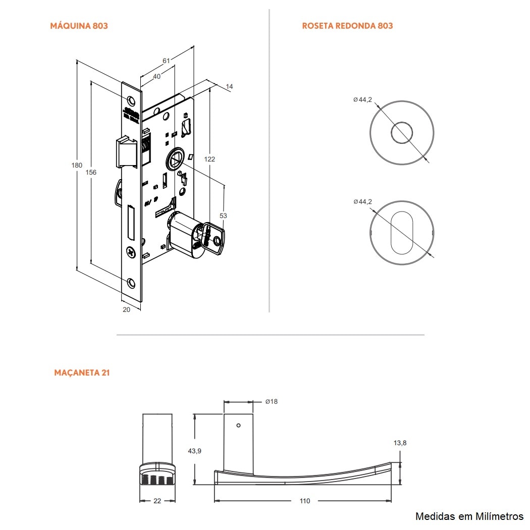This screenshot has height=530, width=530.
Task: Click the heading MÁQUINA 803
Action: [x=79, y=26]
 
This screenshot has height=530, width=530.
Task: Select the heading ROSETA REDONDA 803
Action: [x=347, y=26]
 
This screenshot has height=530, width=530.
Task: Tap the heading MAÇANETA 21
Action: [x=82, y=373]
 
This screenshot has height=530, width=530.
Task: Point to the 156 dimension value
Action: [x=91, y=173]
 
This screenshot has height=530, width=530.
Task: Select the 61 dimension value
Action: [x=166, y=61]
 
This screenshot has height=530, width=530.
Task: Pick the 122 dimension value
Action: [x=210, y=159]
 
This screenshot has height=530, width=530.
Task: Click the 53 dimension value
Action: [x=223, y=216]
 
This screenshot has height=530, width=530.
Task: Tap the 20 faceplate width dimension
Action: [x=126, y=309]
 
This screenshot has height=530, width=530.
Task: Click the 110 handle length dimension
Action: [x=305, y=501]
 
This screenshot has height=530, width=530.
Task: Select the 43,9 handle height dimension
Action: [x=195, y=451]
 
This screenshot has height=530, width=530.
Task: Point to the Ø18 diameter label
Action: [x=271, y=402]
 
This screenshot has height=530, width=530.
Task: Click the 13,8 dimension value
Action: [x=400, y=443]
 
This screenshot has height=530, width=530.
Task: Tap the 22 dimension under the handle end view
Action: [x=157, y=501]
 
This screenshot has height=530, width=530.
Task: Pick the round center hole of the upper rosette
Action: [x=401, y=132]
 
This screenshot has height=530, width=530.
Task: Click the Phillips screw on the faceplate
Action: [x=131, y=251]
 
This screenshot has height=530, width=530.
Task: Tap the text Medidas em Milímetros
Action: [x=469, y=516]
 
